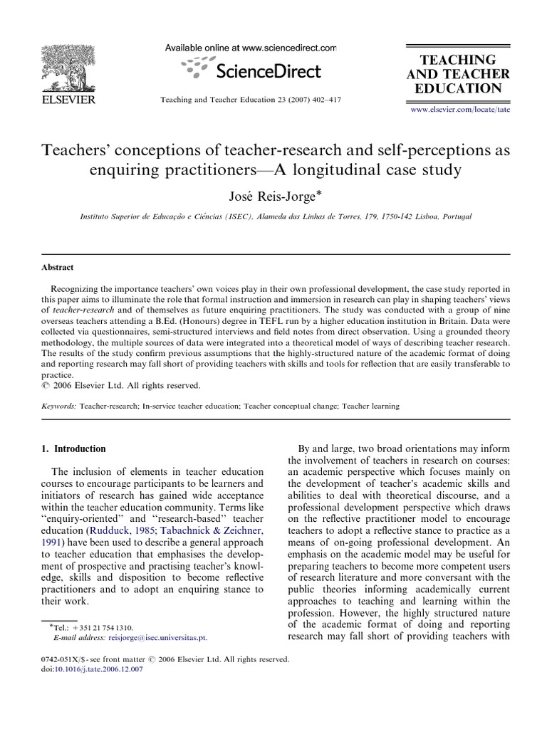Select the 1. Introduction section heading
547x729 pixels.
pyautogui.click(x=71, y=449)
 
